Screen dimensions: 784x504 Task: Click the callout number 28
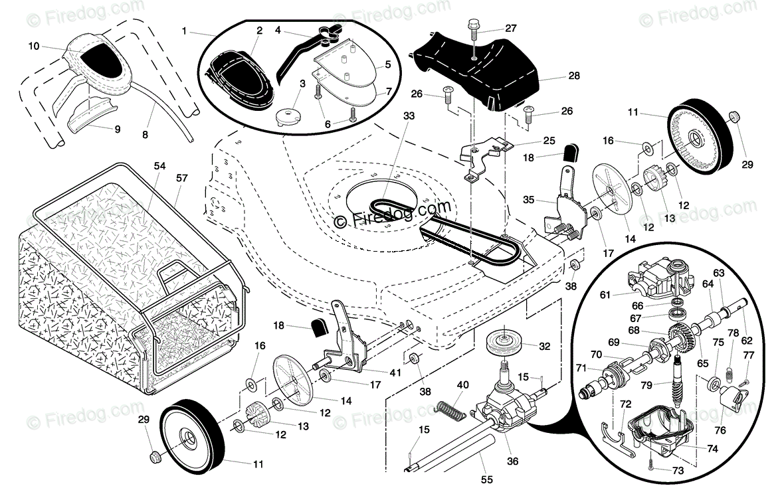[574, 76]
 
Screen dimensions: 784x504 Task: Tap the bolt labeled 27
[473, 37]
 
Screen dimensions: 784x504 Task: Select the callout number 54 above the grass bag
[159, 166]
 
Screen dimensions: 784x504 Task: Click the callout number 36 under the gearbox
[512, 462]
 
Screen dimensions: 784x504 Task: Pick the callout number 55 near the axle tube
[486, 479]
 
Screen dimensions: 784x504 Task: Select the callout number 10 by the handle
[33, 46]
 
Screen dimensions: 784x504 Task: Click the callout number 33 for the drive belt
[409, 116]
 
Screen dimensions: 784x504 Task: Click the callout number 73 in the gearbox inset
[678, 471]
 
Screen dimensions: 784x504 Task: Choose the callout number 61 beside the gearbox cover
[605, 295]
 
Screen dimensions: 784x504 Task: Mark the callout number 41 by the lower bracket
[395, 373]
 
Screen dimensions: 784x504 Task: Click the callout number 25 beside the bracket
[549, 141]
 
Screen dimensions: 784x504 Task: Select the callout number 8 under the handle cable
[145, 135]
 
